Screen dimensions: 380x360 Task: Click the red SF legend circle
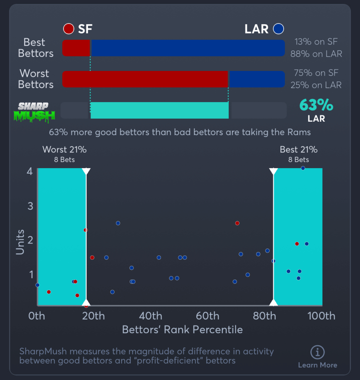(x=69, y=29)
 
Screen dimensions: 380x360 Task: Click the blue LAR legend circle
(x=278, y=29)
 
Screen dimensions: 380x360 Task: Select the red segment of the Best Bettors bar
(x=76, y=48)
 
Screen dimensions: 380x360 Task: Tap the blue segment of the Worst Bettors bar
(x=257, y=79)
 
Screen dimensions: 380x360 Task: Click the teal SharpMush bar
(x=159, y=110)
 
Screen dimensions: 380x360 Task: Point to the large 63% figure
(x=316, y=105)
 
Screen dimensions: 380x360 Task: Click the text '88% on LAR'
(x=316, y=54)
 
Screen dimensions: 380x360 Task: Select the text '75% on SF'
(x=316, y=73)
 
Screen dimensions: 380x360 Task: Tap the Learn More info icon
(x=317, y=352)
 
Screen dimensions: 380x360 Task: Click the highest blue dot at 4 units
(x=303, y=168)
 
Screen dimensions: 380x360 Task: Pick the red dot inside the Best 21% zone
(x=297, y=244)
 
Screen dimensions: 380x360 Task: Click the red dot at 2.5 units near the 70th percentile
(x=237, y=223)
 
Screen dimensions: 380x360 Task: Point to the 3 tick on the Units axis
(x=30, y=206)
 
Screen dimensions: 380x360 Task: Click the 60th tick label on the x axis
(x=208, y=316)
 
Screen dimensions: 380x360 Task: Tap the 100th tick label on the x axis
(x=322, y=316)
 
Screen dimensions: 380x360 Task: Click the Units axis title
(x=20, y=242)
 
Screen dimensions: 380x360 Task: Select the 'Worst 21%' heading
(x=65, y=150)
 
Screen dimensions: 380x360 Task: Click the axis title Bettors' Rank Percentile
(x=182, y=330)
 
